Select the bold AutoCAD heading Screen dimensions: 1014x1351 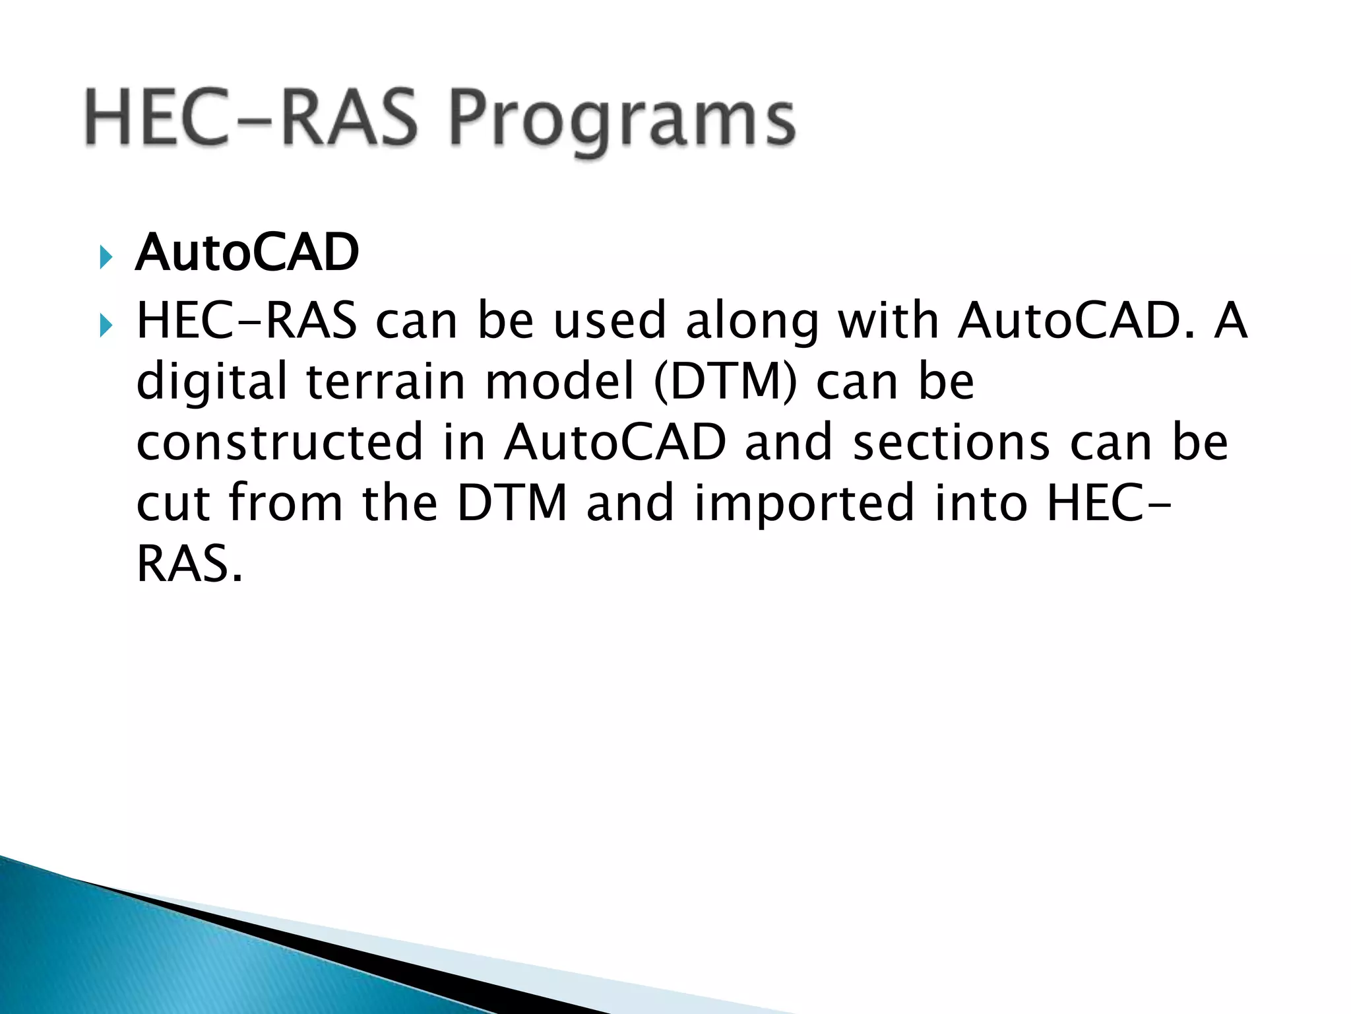[x=247, y=253]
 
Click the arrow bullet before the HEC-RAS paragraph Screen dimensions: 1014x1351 [x=106, y=325]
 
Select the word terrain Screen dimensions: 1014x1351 [x=386, y=382]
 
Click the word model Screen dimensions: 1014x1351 [x=559, y=382]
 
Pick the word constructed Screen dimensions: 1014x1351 [x=279, y=442]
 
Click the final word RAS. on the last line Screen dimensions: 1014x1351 [x=189, y=564]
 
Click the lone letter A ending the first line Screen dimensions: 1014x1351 [x=1231, y=321]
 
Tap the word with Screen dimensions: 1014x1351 [x=888, y=321]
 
